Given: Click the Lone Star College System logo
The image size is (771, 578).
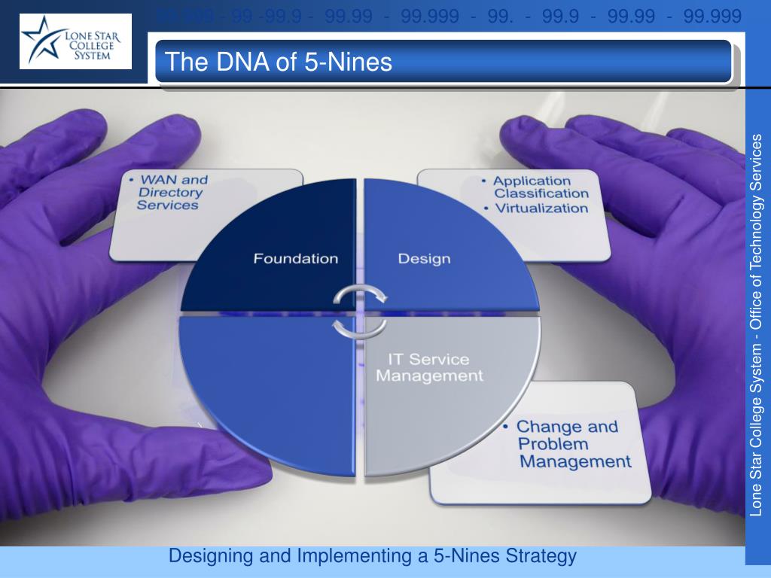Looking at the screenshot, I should [75, 41].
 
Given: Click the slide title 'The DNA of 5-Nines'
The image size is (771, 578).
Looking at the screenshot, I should [279, 62].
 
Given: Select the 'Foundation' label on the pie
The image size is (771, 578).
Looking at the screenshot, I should [295, 259].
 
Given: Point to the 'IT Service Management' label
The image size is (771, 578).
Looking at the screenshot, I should [429, 367].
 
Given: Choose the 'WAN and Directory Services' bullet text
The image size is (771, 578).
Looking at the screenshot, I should [172, 193].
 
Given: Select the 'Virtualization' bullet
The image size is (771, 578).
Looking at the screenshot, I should [541, 208].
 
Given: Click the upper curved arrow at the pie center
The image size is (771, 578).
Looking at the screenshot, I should [361, 294].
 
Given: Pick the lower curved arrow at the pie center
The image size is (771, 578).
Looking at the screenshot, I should [360, 327].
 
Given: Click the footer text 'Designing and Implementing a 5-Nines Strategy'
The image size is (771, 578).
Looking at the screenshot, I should [372, 557].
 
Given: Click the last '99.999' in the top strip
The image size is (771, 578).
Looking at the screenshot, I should [713, 16].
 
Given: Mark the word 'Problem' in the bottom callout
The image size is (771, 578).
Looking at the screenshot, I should [553, 444].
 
